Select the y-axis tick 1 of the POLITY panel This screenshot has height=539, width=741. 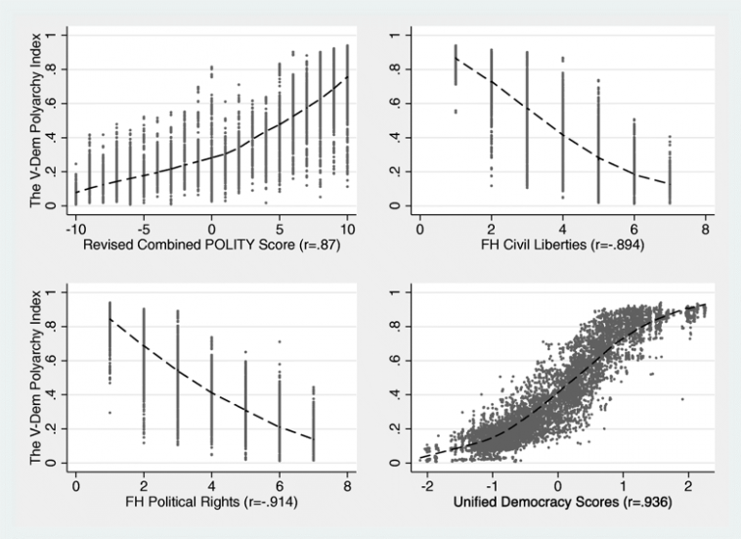click(x=61, y=34)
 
